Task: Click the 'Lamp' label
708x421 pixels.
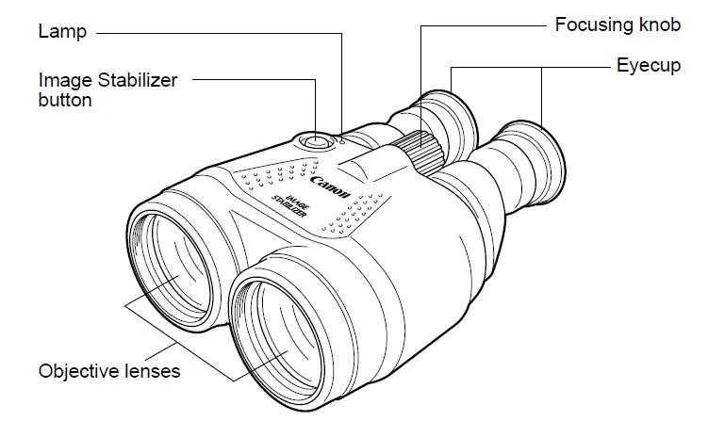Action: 62,32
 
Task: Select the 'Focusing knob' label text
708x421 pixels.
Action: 617,25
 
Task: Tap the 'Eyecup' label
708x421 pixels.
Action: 648,66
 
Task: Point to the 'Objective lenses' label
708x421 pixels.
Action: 109,370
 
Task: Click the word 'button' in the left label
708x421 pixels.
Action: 65,99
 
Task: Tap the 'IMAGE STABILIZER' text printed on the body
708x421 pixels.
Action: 284,202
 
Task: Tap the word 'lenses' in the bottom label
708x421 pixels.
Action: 154,370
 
